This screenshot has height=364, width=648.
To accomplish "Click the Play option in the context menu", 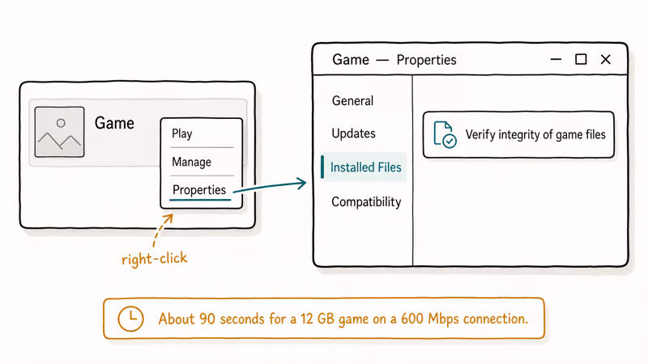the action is [x=181, y=133].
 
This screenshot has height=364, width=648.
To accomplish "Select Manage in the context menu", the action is [x=191, y=162].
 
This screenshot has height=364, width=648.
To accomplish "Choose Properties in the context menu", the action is [x=199, y=190].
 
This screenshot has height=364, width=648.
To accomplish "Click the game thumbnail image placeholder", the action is [x=59, y=132].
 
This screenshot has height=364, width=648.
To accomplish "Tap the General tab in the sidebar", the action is [x=352, y=100].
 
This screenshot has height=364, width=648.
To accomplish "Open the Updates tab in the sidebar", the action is [x=353, y=133].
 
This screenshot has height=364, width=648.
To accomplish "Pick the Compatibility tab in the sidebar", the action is [x=366, y=201].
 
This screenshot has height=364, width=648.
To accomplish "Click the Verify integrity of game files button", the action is [x=518, y=134].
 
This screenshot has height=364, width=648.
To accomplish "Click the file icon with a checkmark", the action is [x=445, y=134].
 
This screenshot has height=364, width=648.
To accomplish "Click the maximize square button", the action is [x=581, y=59].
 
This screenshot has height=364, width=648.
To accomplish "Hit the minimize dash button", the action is [x=556, y=59].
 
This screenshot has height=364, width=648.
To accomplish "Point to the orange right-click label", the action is [x=154, y=259].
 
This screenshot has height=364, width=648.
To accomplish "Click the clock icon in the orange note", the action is [x=130, y=319].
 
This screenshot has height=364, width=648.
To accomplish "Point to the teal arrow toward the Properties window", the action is [x=270, y=186].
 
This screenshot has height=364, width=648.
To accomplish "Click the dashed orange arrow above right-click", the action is [x=161, y=231].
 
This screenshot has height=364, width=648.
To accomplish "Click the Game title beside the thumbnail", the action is [x=114, y=123].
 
